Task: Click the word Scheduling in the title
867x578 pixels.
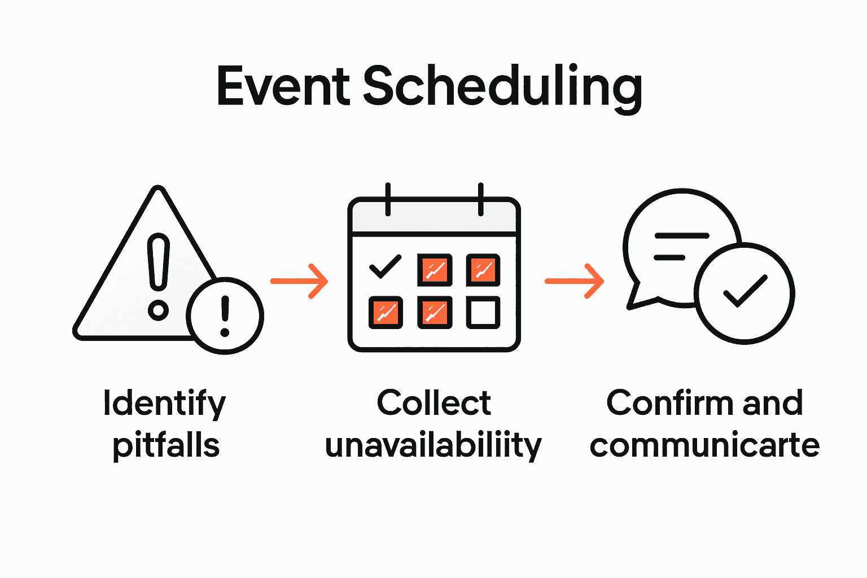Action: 502,87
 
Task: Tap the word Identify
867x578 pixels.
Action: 164,404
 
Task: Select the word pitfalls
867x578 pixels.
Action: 166,446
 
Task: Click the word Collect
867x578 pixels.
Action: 433,403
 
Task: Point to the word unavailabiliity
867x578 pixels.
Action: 433,446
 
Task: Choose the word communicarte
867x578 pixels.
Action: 704,446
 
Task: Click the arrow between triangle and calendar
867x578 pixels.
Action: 299,281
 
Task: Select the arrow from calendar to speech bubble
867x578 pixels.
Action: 574,281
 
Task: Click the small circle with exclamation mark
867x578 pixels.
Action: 225,316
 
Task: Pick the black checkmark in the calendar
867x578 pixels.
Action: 385,266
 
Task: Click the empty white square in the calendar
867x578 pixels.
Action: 483,312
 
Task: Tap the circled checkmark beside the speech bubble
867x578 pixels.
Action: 745,293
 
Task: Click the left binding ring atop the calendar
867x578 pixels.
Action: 388,199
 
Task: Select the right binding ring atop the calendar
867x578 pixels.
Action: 480,199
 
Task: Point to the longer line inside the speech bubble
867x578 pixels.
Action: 681,235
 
